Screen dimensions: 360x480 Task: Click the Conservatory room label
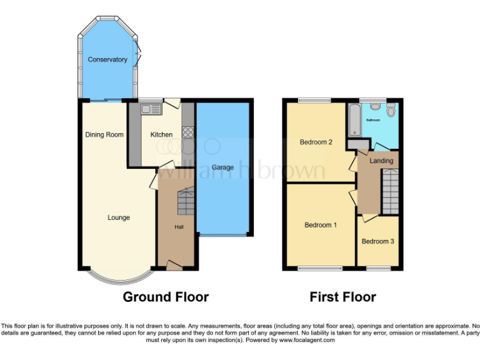pyautogui.click(x=107, y=60)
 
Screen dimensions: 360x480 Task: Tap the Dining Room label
pyautogui.click(x=104, y=135)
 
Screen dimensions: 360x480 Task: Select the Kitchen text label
pyautogui.click(x=161, y=135)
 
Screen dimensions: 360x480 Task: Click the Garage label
pyautogui.click(x=222, y=167)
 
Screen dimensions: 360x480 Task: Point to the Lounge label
pyautogui.click(x=118, y=218)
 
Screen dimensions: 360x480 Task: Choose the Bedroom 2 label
pyautogui.click(x=316, y=142)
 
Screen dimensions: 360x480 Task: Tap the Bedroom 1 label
pyautogui.click(x=321, y=226)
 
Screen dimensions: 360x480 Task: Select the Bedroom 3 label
pyautogui.click(x=377, y=241)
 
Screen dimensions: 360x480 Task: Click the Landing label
pyautogui.click(x=381, y=161)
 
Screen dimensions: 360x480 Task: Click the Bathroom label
pyautogui.click(x=374, y=119)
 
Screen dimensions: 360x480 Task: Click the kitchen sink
pyautogui.click(x=151, y=109)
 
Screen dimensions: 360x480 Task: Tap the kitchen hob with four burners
pyautogui.click(x=187, y=132)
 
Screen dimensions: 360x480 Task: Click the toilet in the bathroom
pyautogui.click(x=391, y=111)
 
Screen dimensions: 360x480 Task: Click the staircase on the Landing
pyautogui.click(x=389, y=192)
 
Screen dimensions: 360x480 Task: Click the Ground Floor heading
pyautogui.click(x=166, y=297)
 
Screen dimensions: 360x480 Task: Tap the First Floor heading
pyautogui.click(x=342, y=297)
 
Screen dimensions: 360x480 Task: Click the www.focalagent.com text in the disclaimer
pyautogui.click(x=307, y=341)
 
